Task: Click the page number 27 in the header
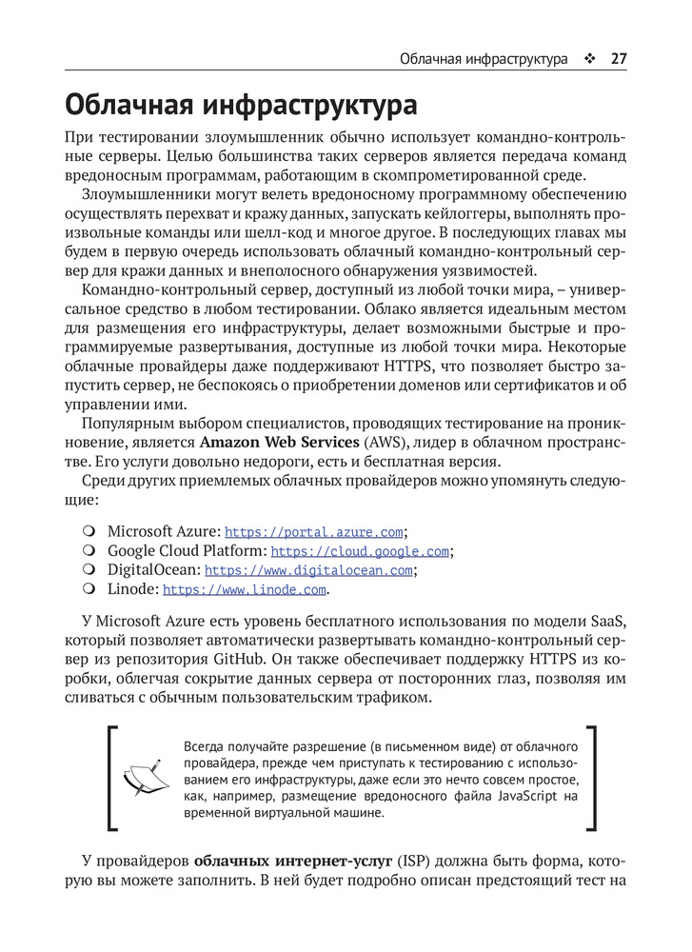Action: pos(618,58)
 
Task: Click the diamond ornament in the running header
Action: pos(590,58)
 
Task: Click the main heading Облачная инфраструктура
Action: pos(241,104)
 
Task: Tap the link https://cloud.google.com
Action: pos(360,551)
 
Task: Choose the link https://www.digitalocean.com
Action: pos(308,570)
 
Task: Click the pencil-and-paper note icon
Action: pos(141,777)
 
